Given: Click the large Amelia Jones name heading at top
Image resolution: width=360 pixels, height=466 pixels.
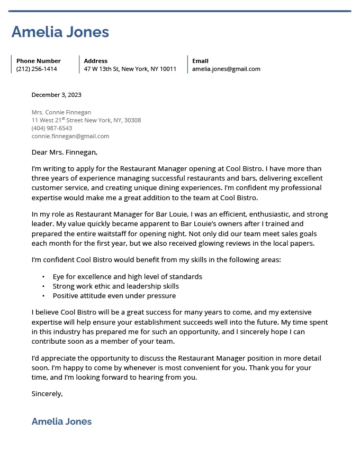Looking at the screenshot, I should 60,32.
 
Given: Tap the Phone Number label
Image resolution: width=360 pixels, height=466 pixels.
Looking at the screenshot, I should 38,61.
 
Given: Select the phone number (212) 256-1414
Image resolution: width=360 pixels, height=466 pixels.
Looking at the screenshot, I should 37,69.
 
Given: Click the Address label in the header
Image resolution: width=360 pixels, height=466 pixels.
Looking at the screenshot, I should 95,61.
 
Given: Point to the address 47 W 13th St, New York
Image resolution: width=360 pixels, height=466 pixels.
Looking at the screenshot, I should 130,69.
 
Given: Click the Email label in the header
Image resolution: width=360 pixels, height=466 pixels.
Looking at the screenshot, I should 200,61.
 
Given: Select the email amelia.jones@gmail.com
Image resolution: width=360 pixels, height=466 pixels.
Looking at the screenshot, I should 226,69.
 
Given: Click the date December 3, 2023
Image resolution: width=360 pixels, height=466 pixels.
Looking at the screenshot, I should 56,95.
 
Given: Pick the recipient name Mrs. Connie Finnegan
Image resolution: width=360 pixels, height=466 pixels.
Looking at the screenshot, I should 61,112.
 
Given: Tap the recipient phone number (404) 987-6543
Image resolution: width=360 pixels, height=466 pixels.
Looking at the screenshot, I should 51,128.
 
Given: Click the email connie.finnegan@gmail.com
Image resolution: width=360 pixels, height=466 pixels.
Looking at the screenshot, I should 70,136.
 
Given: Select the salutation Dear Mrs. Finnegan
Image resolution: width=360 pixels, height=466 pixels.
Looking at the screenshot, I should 64,153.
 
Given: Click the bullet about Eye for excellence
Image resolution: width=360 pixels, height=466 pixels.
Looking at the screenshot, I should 127,276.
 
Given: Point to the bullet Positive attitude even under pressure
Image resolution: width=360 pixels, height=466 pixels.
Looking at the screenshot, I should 114,295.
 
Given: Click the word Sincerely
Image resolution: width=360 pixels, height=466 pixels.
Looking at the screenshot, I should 47,393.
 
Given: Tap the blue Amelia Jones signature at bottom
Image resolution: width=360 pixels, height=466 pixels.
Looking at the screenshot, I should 61,422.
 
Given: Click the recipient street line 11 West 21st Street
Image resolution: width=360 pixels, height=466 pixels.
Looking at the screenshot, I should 86,120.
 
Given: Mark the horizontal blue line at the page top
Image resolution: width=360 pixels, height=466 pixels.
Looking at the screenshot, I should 179,11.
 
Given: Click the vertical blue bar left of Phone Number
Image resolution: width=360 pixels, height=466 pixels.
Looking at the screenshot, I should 11,64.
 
